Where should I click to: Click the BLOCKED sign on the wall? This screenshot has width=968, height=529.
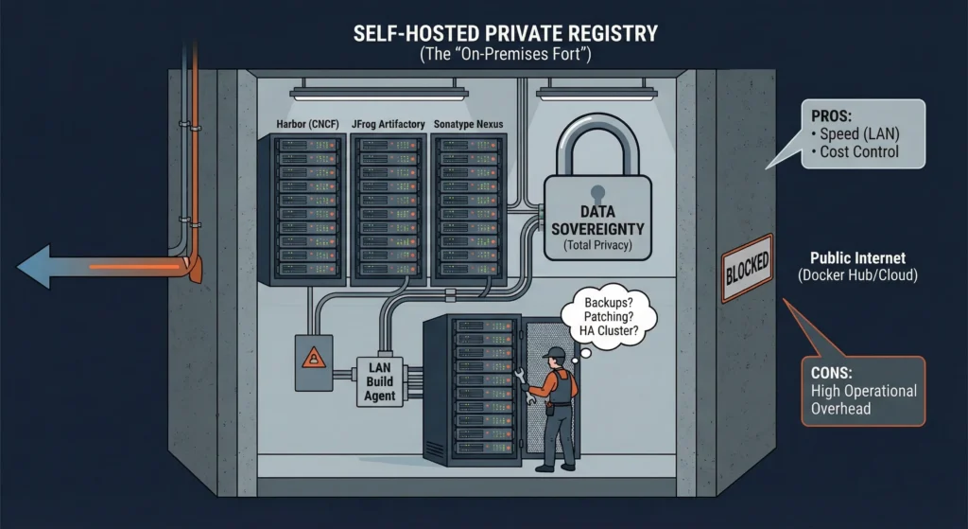click(747, 268)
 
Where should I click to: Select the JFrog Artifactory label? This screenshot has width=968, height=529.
click(388, 125)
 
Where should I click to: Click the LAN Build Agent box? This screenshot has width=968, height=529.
click(381, 379)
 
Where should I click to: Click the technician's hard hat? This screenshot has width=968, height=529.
click(555, 353)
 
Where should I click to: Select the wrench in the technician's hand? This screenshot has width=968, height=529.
click(525, 383)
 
